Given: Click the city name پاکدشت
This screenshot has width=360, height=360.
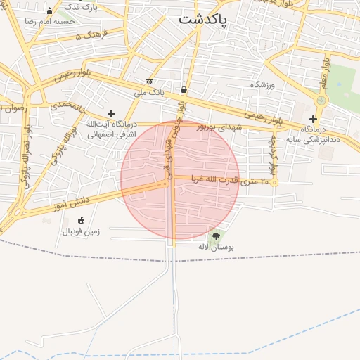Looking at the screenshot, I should (202, 20).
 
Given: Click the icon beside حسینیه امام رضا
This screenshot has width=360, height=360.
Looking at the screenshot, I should (49, 11).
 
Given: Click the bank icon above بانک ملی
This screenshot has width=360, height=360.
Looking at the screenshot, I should (149, 82).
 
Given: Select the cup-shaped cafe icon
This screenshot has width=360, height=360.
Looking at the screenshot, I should (184, 89).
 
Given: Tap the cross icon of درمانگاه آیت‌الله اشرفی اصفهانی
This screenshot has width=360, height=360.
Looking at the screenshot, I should (111, 112).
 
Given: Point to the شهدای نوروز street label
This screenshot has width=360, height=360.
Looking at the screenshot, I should (219, 127).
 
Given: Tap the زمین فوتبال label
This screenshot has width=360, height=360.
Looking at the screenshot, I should (82, 231).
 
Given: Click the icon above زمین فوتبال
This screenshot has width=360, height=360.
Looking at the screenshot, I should (81, 220).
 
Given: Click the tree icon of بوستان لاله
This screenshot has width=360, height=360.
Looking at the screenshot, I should (215, 236).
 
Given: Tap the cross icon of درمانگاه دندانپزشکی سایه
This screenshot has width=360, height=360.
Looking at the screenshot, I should (313, 119).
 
